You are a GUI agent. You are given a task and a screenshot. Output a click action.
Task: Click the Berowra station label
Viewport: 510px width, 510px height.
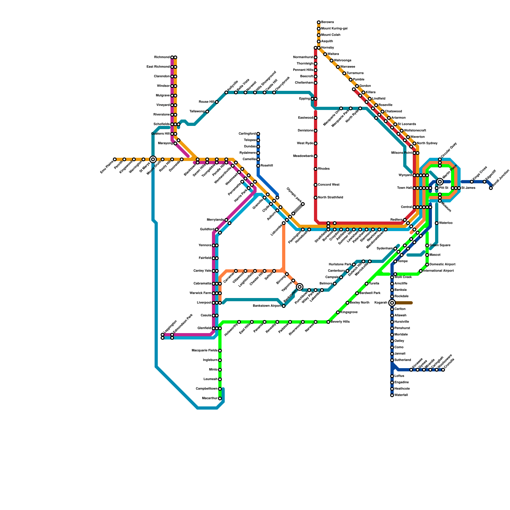[327, 22]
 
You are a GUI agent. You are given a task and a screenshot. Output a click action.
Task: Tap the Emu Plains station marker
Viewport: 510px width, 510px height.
[115, 159]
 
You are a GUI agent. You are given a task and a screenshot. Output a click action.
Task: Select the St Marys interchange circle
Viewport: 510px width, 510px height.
[153, 159]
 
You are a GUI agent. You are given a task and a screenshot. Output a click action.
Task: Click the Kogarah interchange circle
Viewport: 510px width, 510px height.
[392, 303]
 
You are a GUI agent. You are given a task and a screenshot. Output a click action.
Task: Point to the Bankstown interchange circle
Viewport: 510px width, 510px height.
[300, 287]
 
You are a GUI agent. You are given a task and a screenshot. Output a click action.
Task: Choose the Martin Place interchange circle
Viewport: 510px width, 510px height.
[440, 182]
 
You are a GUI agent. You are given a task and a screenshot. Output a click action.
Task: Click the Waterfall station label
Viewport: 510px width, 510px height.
[401, 395]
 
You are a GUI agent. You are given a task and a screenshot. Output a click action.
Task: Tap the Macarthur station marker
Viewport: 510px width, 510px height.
[220, 398]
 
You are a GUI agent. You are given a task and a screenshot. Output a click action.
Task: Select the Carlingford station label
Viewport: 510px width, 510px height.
[247, 134]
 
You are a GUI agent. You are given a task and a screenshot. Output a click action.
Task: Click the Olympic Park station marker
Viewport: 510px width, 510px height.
[303, 204]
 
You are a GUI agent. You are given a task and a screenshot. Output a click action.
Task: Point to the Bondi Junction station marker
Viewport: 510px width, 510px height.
[491, 188]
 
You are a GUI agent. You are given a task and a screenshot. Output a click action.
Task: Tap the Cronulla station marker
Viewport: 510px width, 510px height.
[443, 370]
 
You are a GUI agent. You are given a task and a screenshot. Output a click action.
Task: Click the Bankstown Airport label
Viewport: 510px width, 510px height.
[267, 306]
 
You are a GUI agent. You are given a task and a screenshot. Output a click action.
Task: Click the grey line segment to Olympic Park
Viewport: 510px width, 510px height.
[298, 209]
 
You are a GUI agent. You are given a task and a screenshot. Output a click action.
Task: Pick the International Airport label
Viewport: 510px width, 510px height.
[439, 271]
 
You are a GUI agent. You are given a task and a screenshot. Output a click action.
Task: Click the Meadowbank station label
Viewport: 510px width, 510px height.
[303, 156]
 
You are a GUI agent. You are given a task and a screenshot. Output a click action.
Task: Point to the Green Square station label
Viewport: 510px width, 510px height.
[440, 245]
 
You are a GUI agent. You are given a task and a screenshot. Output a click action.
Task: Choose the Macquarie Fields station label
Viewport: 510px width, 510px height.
[205, 351]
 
